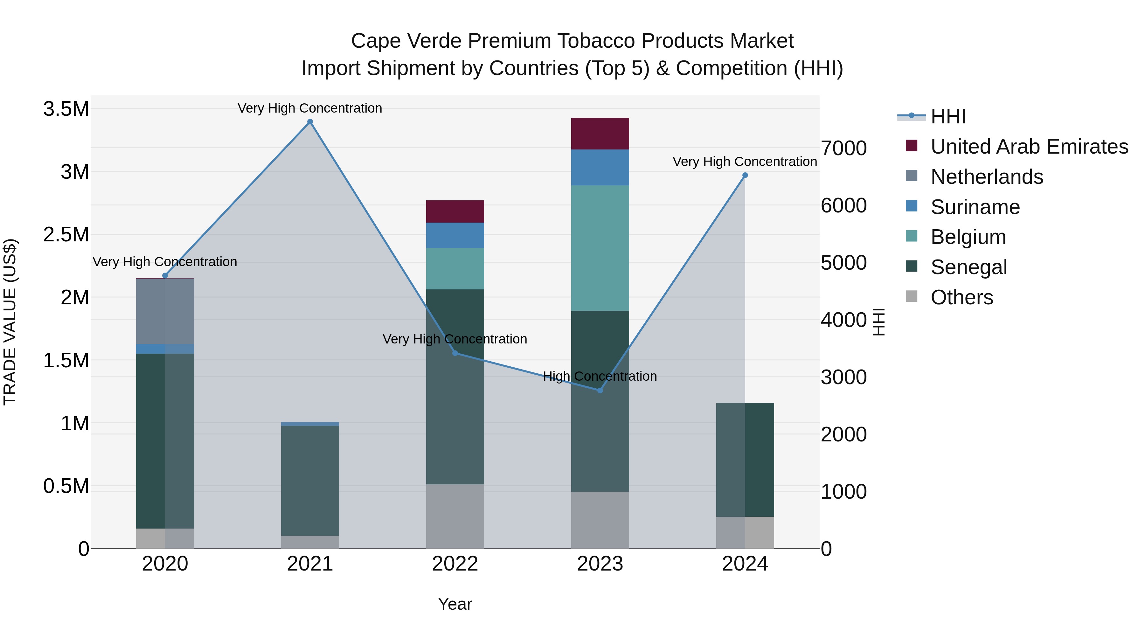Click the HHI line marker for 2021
310,122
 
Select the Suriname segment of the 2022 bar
455,235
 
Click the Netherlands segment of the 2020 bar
165,311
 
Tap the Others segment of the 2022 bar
455,516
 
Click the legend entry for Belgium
968,237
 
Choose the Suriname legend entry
975,207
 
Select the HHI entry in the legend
948,116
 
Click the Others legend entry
961,297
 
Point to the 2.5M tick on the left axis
66,234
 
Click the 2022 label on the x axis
455,564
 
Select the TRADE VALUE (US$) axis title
10,322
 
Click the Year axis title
455,604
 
